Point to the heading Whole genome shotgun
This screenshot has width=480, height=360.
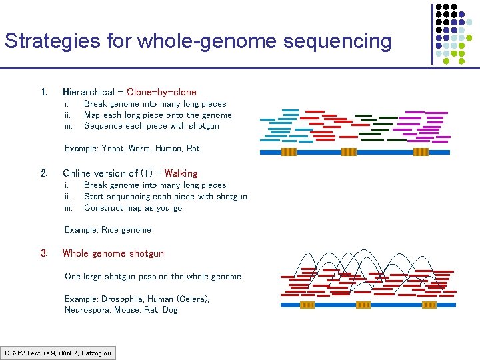pos(113,253)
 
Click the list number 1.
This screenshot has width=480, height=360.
pos(43,92)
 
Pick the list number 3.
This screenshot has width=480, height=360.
pos(43,253)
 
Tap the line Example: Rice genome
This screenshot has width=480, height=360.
pos(107,230)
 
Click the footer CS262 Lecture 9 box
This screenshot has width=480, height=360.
pos(58,353)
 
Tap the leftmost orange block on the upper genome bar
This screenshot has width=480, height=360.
pos(289,152)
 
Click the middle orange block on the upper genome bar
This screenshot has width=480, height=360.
pos(349,152)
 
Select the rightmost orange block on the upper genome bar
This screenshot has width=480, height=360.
pos(421,152)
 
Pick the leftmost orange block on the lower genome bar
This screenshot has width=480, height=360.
pos(307,305)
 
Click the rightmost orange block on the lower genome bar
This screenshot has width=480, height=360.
pos(429,305)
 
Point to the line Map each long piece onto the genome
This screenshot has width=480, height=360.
pos(157,115)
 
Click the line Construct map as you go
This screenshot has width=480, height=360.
pos(133,208)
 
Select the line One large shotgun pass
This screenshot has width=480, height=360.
pos(153,277)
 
